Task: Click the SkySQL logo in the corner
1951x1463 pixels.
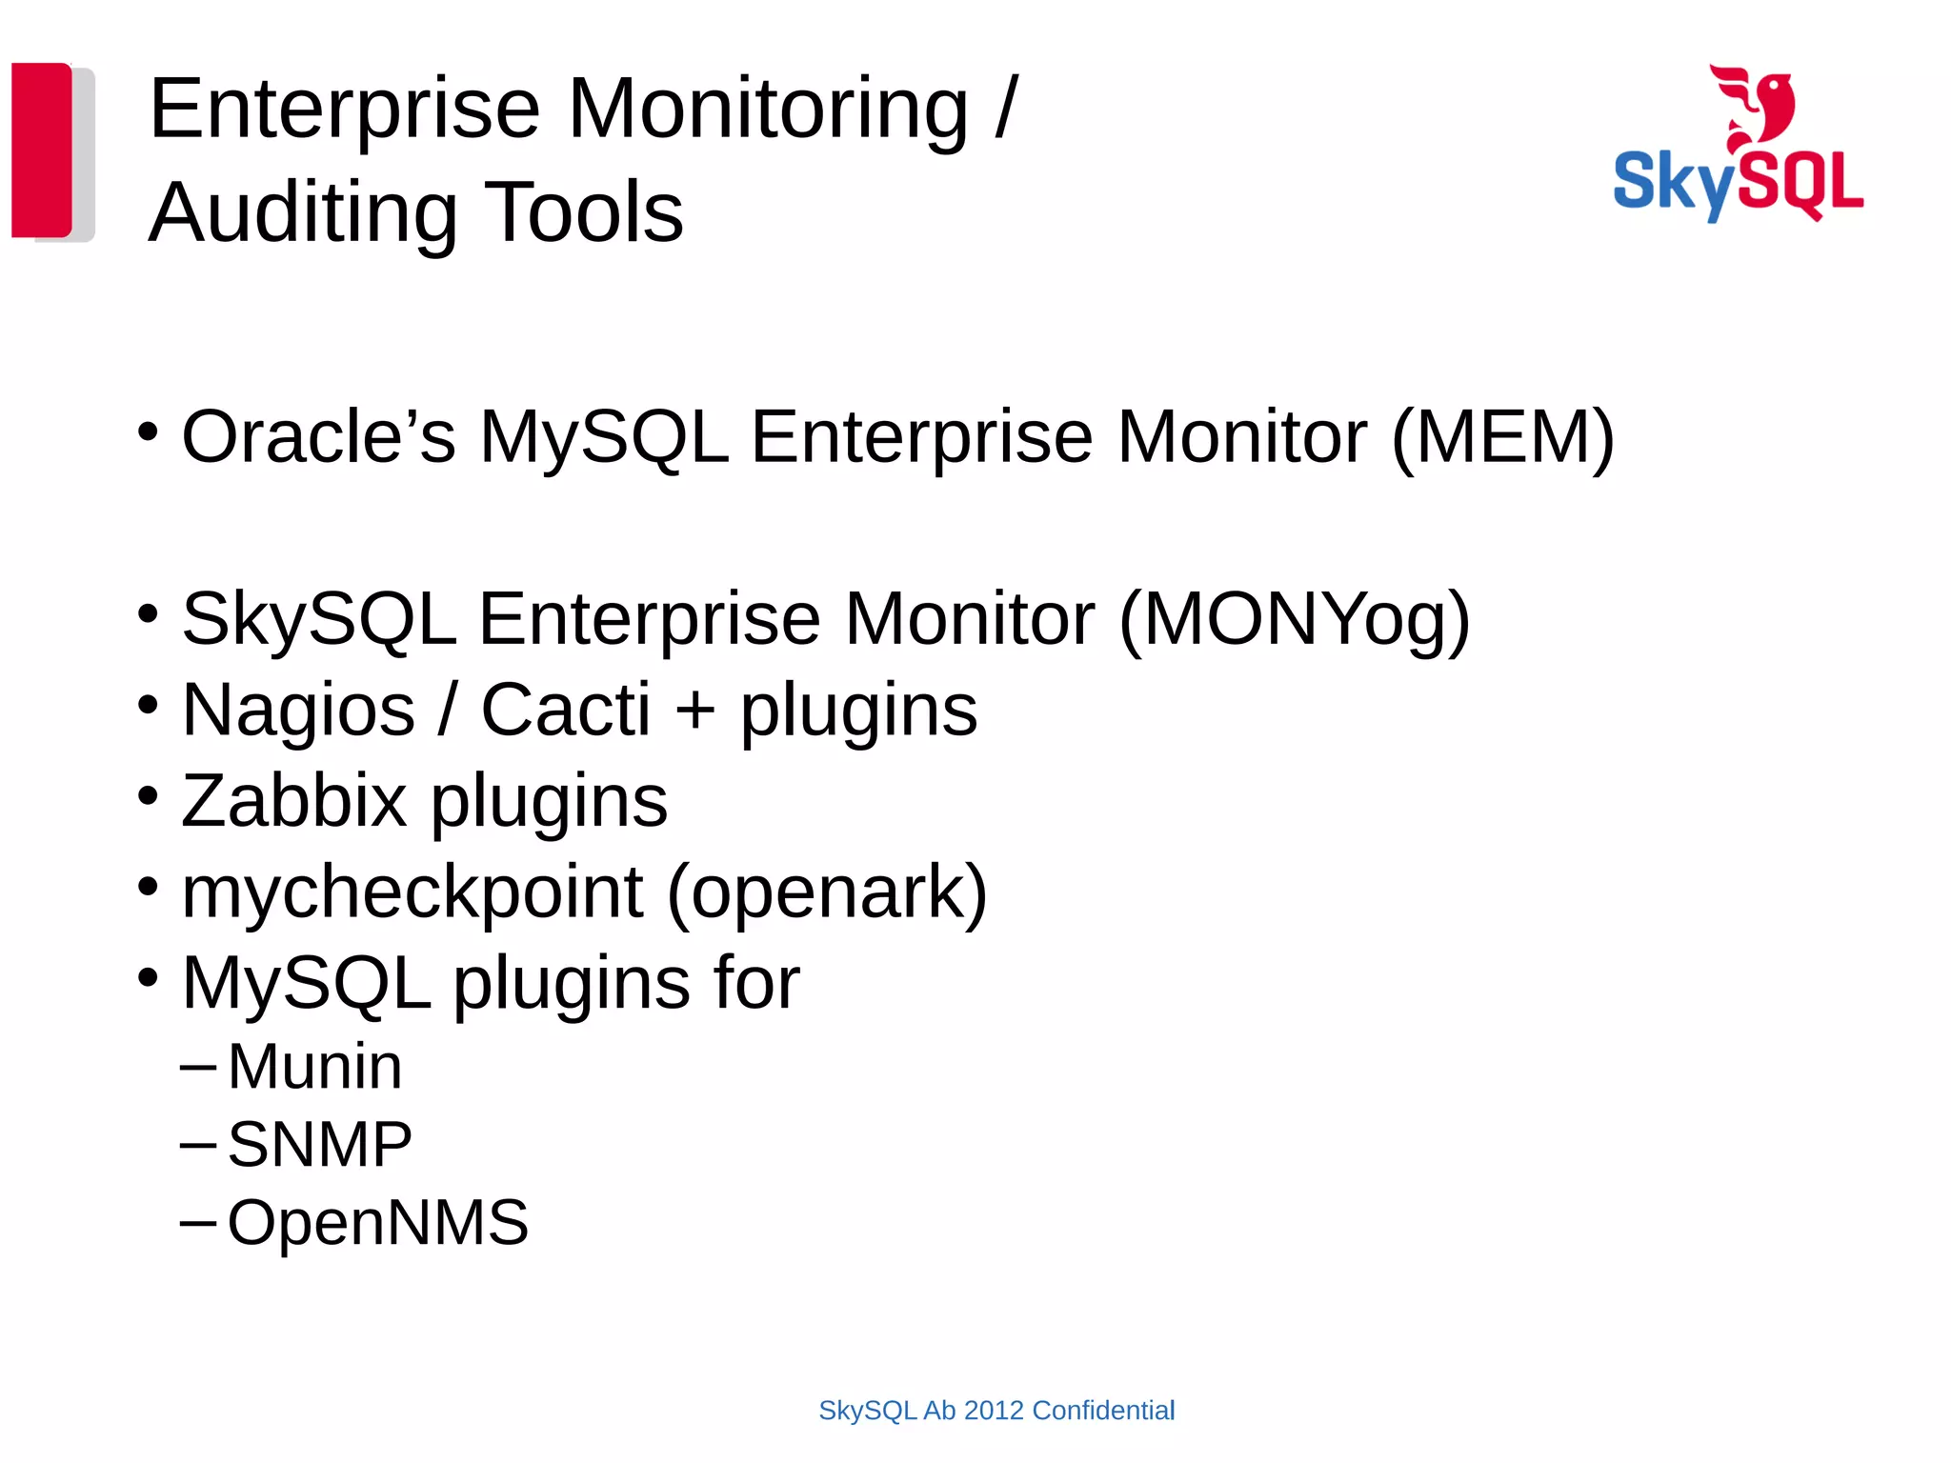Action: click(x=1738, y=145)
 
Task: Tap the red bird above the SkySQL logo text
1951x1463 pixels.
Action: click(x=1754, y=105)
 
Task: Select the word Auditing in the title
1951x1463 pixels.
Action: click(x=304, y=212)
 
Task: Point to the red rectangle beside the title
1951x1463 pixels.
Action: click(x=42, y=150)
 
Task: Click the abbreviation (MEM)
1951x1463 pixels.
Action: click(x=1502, y=437)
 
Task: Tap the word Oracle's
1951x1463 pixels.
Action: click(x=318, y=437)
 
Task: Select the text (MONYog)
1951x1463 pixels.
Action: click(x=1294, y=619)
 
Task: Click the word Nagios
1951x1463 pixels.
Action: click(x=298, y=711)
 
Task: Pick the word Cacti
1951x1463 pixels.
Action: click(x=565, y=710)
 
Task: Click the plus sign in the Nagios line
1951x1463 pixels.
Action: click(x=694, y=711)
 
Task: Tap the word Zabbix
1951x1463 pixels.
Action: click(x=293, y=801)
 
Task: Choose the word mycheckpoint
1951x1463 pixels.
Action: click(x=412, y=893)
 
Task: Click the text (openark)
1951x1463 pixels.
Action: click(x=826, y=893)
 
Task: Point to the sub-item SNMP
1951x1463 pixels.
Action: click(x=319, y=1144)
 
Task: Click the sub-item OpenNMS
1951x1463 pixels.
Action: click(x=377, y=1222)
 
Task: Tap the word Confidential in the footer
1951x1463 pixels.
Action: click(x=1103, y=1411)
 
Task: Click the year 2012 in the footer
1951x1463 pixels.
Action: click(x=994, y=1411)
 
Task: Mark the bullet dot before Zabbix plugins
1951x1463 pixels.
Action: click(x=148, y=794)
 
